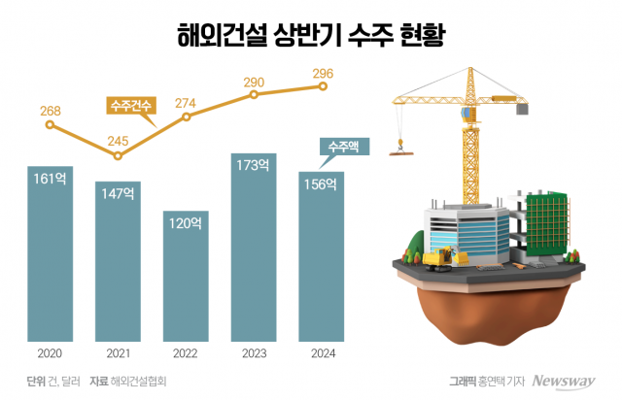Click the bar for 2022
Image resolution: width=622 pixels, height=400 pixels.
click(186, 277)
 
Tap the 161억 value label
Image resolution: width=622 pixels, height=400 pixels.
click(49, 179)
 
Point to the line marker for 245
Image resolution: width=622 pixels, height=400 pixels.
click(118, 155)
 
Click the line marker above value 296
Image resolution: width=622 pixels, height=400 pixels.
click(322, 86)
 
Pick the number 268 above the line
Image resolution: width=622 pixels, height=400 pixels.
click(51, 111)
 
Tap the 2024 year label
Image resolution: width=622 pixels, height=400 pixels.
click(321, 353)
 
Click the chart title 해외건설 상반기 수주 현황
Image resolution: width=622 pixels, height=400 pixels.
click(310, 36)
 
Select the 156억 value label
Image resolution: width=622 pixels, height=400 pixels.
click(321, 184)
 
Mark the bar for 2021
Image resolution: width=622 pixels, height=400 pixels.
click(118, 262)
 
